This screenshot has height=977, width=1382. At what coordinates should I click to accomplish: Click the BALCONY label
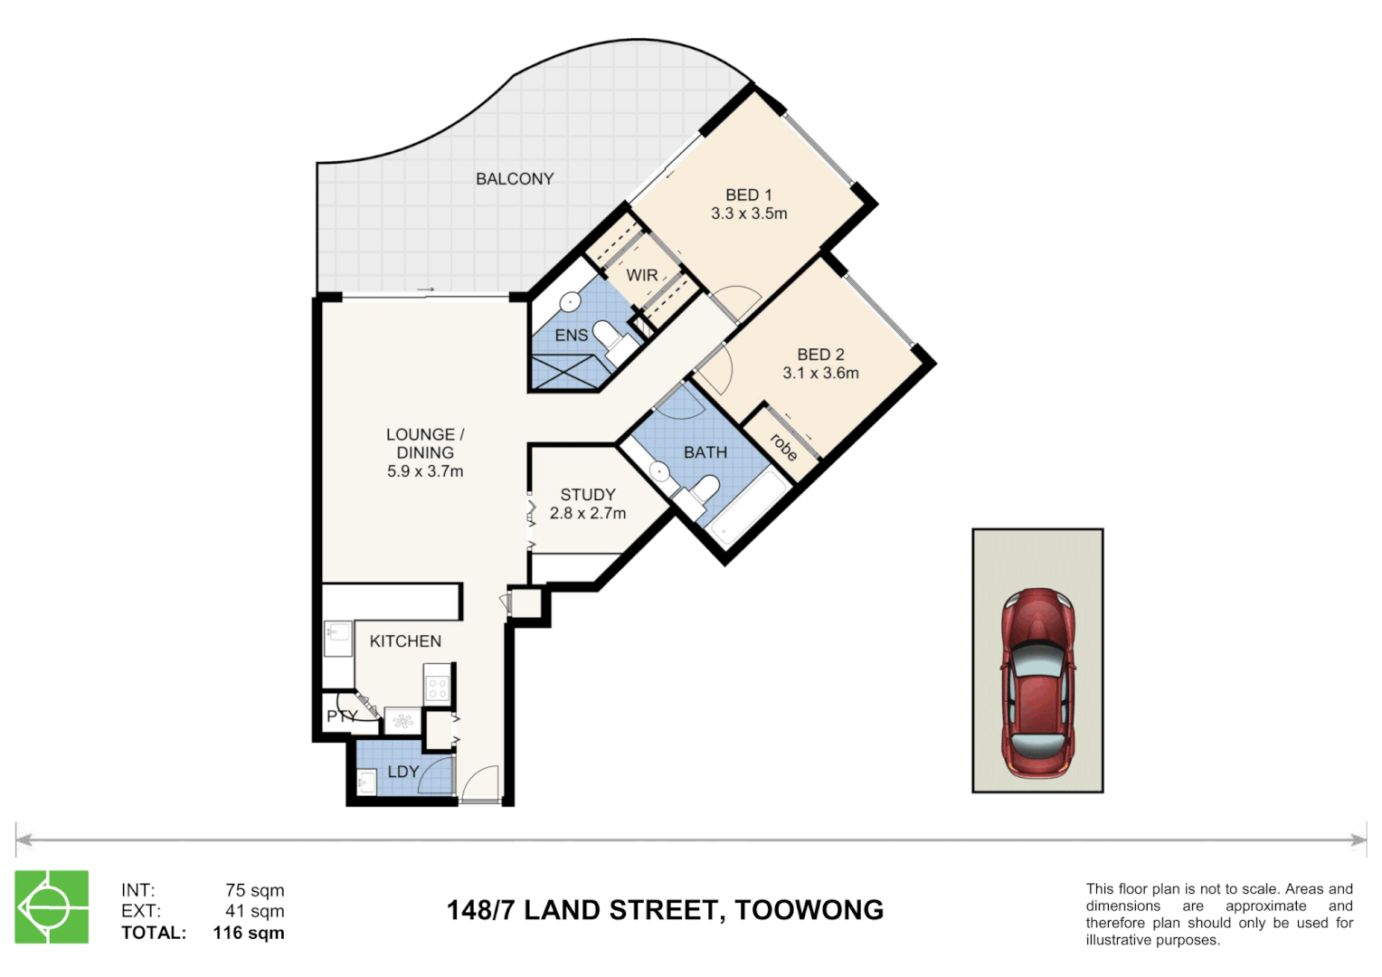coord(515,179)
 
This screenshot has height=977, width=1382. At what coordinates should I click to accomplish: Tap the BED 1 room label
coord(748,194)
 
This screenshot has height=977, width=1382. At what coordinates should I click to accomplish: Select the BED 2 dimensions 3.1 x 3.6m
coord(820,373)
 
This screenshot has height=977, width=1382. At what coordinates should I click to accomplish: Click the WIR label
coord(642,275)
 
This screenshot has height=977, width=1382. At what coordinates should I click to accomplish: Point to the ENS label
coord(571,336)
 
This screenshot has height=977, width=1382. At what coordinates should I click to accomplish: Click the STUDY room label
coord(588,495)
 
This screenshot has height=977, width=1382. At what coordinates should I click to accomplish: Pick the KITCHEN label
coord(405,641)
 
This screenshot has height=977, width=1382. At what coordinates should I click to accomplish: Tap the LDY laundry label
coord(402,772)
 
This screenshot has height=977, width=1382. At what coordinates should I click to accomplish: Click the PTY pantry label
coord(341,716)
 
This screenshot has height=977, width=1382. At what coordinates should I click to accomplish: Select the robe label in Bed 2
coord(783,446)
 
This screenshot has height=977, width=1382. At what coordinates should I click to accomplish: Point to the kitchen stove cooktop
coord(438,683)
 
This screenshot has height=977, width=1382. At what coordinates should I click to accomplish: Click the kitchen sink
coord(338,639)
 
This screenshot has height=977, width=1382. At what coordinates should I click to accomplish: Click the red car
coord(1037,683)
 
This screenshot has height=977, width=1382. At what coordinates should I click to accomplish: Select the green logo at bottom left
coord(52,906)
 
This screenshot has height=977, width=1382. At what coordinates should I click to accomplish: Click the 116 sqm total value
coord(249,933)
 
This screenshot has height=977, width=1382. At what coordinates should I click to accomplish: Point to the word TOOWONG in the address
coord(809,910)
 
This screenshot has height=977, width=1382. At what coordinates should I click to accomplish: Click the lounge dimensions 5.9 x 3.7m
coord(425,471)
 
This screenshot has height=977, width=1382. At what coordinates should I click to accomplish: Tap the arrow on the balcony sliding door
coord(425,290)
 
